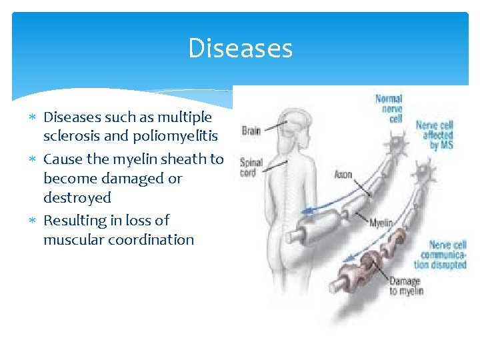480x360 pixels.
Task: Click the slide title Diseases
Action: (x=240, y=49)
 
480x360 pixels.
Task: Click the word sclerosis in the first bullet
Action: (x=73, y=137)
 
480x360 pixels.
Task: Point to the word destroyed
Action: (x=77, y=197)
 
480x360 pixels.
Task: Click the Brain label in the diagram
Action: (x=251, y=131)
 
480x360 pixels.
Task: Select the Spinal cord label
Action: (x=251, y=167)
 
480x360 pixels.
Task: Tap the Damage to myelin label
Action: (x=406, y=285)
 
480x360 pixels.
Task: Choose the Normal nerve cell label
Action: (x=389, y=108)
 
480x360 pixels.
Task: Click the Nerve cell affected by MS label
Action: (x=434, y=135)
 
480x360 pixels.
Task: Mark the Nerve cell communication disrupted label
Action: (x=443, y=255)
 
